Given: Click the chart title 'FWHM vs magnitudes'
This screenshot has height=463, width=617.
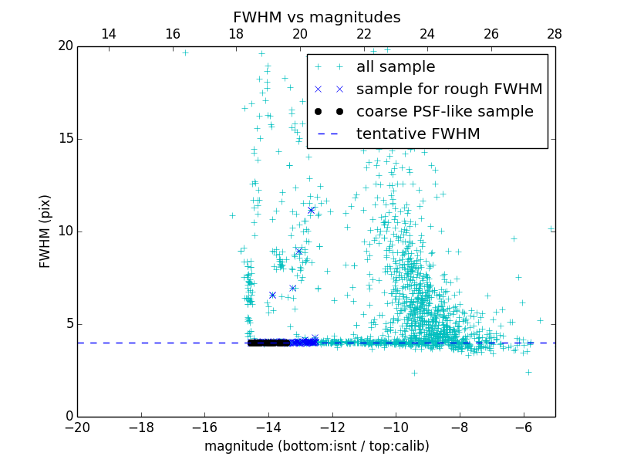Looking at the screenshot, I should point(316,17).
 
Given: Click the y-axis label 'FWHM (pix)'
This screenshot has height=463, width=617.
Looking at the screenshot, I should point(46,231).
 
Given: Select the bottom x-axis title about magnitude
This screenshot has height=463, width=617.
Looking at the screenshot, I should point(316,446).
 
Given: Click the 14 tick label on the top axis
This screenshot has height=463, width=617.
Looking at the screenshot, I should point(109,34).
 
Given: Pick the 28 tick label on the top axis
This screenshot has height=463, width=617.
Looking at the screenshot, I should point(555,34).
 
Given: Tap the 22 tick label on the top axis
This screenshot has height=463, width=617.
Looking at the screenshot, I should point(364,34).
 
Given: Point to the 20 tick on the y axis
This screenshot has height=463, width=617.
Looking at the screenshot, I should point(64,46).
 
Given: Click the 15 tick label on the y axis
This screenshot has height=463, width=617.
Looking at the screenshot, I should point(64,139).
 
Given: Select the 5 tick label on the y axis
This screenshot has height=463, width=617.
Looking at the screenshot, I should point(68,324).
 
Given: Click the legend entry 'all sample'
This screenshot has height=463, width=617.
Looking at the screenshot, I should point(396,67).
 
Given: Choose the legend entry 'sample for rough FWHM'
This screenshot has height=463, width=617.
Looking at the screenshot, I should point(449,90).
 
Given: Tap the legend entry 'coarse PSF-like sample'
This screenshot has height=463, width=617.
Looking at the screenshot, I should point(444,112).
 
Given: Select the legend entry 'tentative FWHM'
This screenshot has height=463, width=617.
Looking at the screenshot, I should point(418,134).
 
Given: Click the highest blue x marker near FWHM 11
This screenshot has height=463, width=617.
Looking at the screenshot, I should point(312,210).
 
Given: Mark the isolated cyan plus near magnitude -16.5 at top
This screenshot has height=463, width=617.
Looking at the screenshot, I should point(185,52).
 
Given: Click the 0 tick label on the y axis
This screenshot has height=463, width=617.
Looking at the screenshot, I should point(68,417).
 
